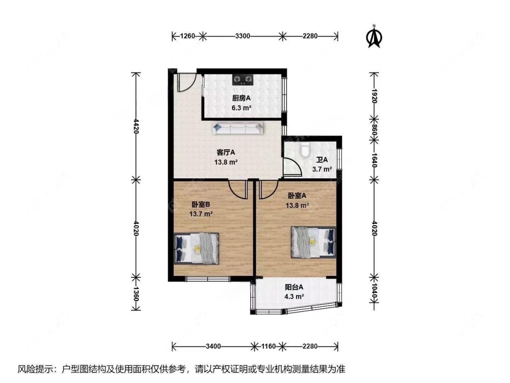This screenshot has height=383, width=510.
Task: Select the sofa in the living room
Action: click(238, 128)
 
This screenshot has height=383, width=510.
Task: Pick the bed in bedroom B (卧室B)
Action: click(197, 248)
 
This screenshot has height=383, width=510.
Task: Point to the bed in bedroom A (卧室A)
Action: click(313, 242)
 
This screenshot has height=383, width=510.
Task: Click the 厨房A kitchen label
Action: click(242, 98)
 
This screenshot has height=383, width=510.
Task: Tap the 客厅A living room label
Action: click(225, 152)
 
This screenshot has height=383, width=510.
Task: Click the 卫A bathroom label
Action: click(322, 160)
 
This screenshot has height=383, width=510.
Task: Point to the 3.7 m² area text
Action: click(322, 169)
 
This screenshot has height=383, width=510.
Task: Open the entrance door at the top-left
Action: click(185, 80)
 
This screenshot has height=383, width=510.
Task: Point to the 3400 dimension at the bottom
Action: click(213, 347)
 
